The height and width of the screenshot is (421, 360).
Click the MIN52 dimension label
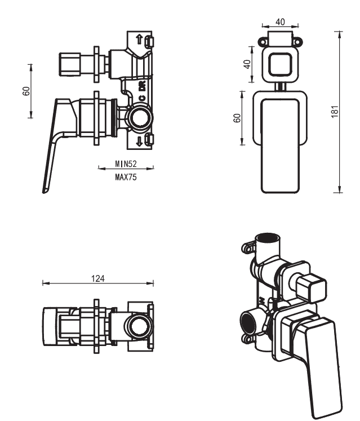tap(126, 164)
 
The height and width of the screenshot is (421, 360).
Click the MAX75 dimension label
tap(126, 176)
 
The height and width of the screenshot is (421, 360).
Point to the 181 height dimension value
tap(335, 112)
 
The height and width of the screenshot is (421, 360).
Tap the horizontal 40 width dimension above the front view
tap(280, 22)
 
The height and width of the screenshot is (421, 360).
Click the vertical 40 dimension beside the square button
tap(247, 64)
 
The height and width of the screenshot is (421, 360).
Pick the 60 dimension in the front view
tap(237, 118)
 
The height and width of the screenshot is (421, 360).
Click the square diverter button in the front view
tap(280, 64)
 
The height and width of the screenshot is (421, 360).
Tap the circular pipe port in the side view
tap(139, 118)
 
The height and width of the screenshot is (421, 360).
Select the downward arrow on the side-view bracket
tap(139, 139)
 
